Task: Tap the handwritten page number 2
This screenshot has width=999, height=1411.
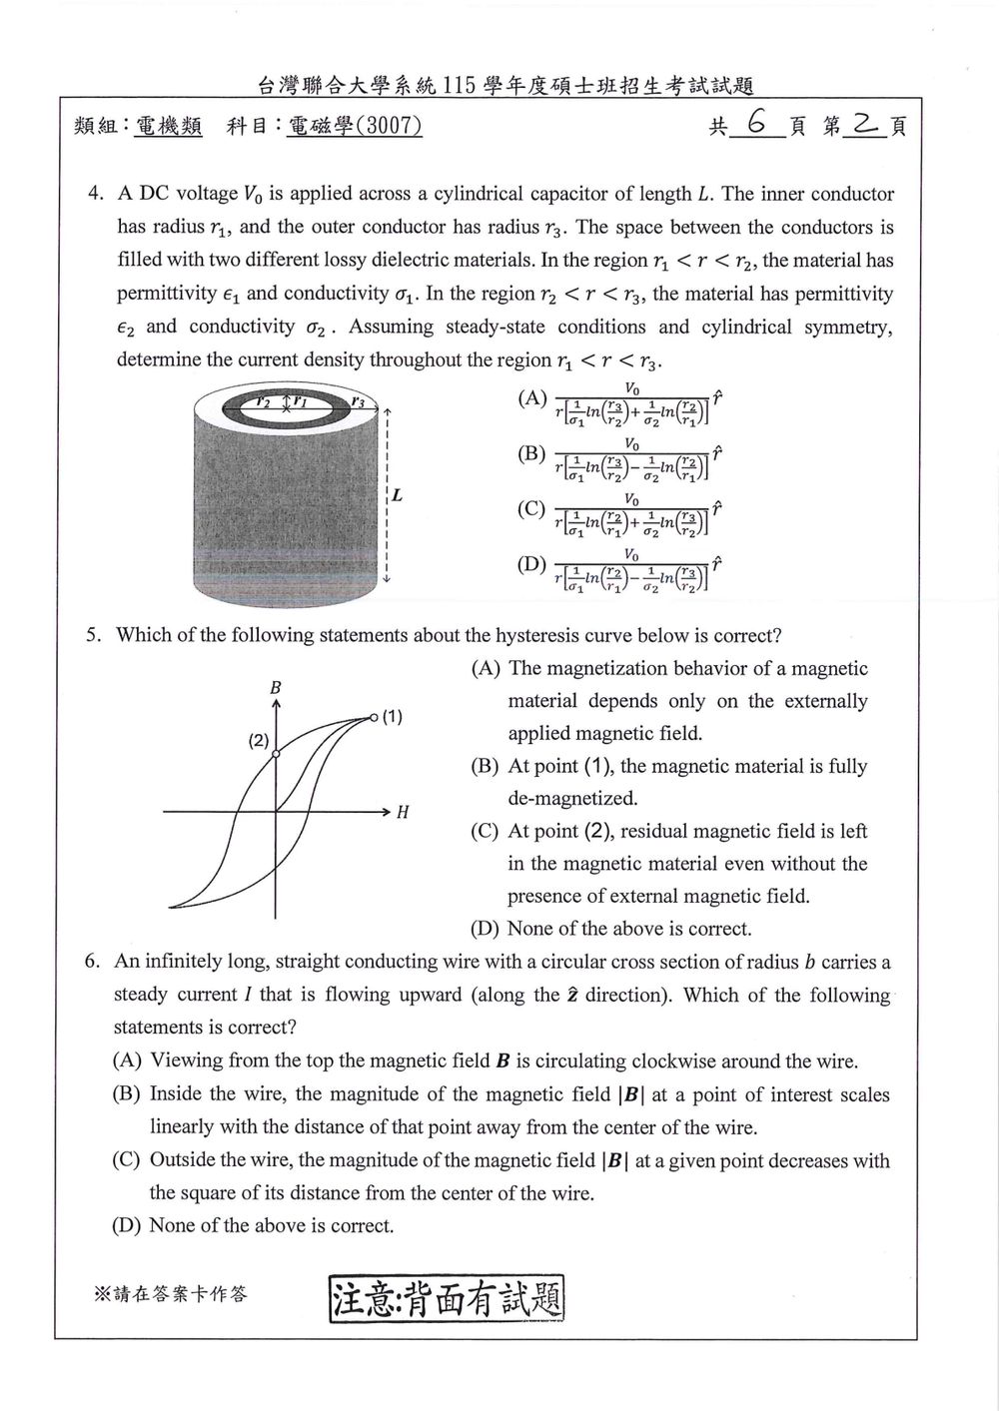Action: coord(864,123)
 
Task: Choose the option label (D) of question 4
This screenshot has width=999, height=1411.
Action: coord(531,563)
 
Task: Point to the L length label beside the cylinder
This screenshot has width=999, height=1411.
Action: coord(397,495)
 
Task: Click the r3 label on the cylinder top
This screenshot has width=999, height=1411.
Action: coord(358,400)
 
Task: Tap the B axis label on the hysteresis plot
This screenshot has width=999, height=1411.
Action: coord(275,687)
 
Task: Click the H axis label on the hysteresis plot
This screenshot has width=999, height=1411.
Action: coord(403,812)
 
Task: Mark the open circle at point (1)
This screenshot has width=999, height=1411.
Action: coord(374,717)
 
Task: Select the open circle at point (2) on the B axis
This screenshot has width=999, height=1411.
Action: coord(276,753)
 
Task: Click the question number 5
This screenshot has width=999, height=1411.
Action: coord(93,635)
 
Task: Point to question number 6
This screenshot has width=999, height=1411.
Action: coord(92,962)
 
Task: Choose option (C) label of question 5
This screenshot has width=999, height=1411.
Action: coord(486,831)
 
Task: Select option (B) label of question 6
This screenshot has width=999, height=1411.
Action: coord(127,1093)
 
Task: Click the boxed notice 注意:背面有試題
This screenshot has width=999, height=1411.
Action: coord(447,1297)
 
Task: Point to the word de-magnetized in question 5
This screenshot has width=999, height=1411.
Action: coord(572,798)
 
